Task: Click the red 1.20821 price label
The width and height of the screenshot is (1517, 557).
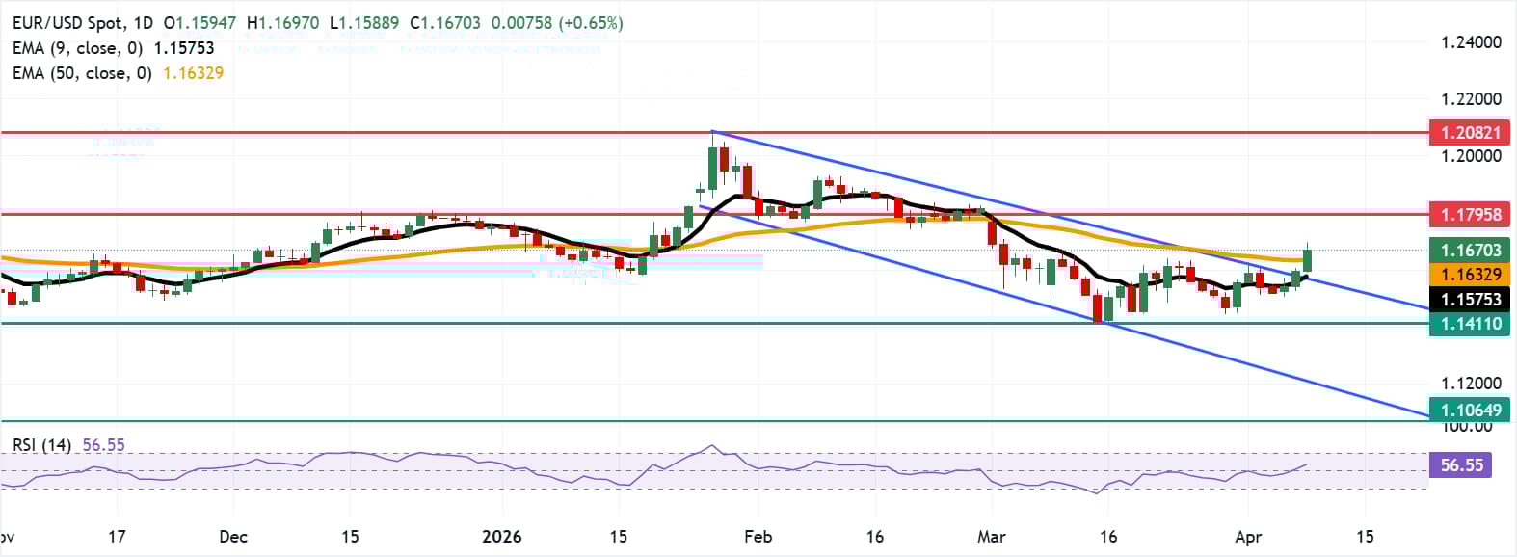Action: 1470,133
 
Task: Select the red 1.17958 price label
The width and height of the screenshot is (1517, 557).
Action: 1470,214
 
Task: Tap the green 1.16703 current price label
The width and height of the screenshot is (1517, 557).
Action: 1470,251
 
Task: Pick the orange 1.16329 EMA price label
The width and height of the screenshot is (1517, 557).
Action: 1470,275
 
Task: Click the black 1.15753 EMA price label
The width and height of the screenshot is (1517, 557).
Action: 1470,300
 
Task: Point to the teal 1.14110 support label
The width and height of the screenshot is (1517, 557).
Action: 1470,324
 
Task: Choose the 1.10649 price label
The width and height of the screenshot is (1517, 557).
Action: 1470,411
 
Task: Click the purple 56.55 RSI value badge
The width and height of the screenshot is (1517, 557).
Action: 1461,465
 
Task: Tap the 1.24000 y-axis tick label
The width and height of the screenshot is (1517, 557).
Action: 1471,42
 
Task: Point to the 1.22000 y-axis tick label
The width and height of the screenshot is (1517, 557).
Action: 1471,99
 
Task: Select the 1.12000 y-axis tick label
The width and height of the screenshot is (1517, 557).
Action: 1471,384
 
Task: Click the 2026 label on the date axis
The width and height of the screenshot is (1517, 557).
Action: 502,537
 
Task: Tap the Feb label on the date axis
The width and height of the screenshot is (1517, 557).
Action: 758,537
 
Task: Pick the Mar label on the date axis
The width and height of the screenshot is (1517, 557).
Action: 991,537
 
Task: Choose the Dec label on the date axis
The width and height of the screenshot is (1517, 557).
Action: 233,537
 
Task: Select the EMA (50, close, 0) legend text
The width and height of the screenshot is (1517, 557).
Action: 83,73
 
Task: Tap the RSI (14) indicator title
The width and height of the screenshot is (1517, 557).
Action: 42,445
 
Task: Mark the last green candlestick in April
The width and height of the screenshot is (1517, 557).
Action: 1308,260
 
